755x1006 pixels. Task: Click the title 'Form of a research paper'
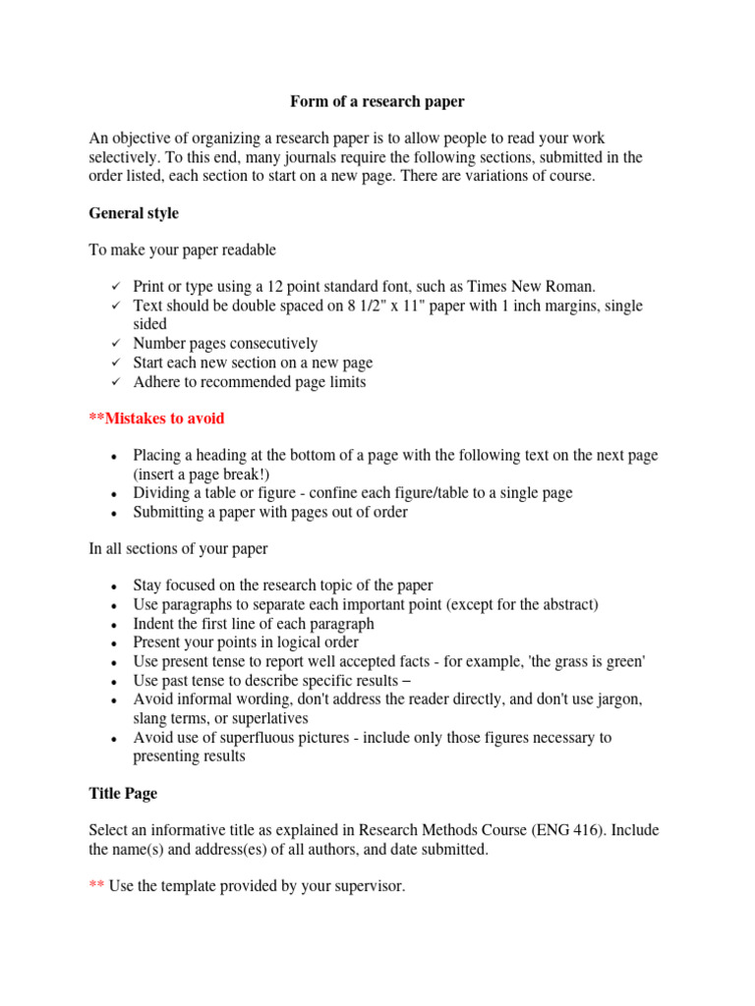pos(377,101)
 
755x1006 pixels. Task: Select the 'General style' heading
pos(134,212)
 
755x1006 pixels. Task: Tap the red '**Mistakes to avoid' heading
pos(157,419)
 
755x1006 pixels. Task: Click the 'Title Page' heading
pos(123,793)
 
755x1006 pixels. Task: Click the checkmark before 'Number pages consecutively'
pos(115,344)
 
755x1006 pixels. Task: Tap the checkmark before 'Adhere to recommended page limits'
pos(115,382)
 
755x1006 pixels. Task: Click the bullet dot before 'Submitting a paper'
pos(115,513)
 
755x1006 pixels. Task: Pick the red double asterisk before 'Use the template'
pos(96,886)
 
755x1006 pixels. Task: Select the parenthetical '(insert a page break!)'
pos(202,475)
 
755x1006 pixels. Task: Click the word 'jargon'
pos(619,699)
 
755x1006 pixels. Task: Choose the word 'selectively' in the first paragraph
pos(125,157)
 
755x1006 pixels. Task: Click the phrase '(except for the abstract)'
pos(522,605)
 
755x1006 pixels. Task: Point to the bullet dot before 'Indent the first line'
pos(115,625)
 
